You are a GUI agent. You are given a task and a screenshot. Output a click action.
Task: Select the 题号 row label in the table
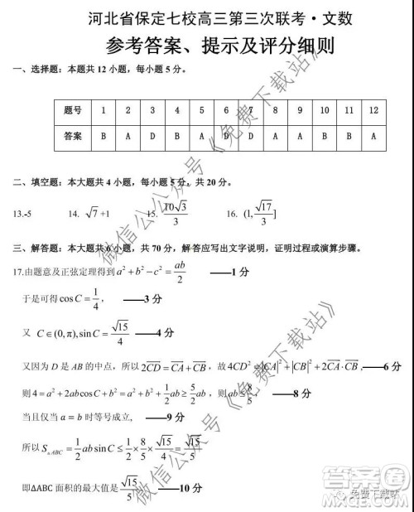point(73,110)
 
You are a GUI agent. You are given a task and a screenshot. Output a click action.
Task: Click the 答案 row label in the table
point(73,135)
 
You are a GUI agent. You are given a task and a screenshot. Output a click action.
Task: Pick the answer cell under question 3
point(152,135)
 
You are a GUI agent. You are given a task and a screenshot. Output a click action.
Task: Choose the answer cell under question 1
point(103,135)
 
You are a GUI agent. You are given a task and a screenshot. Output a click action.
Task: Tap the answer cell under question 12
point(374,135)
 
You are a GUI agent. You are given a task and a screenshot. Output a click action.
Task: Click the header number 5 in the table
point(202,110)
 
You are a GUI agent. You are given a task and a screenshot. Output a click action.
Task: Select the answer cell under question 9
point(299,135)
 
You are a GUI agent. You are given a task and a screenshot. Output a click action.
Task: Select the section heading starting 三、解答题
point(199,248)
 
